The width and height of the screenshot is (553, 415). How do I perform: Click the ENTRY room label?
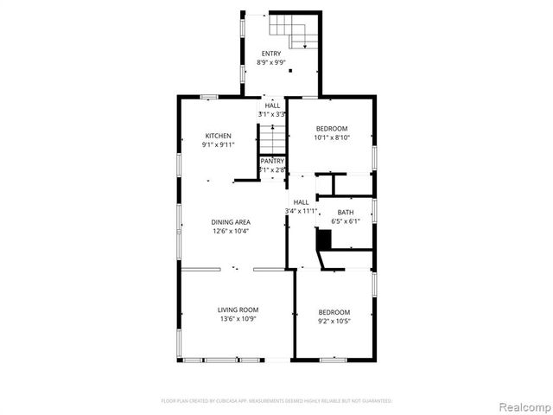[271, 54]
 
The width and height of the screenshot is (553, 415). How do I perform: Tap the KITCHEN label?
[218, 136]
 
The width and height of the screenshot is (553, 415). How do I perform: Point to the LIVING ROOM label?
[238, 310]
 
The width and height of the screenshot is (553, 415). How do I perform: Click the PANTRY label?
[273, 161]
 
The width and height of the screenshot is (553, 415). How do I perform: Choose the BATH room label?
[346, 212]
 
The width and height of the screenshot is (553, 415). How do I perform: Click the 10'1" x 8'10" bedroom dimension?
[331, 137]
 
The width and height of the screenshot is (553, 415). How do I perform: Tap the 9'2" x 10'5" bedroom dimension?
[334, 321]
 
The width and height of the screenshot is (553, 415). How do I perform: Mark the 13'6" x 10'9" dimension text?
[238, 319]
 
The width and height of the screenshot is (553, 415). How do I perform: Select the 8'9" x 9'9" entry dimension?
[271, 62]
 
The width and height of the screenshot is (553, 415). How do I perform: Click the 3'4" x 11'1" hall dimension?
[302, 211]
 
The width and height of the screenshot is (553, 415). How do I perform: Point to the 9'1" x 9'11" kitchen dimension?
[218, 144]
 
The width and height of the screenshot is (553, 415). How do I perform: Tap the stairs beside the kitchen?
[272, 138]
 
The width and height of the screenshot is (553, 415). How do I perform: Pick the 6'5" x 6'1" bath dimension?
[346, 220]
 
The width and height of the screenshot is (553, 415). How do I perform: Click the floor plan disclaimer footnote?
[276, 401]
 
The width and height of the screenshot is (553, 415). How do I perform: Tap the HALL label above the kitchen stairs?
[273, 105]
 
